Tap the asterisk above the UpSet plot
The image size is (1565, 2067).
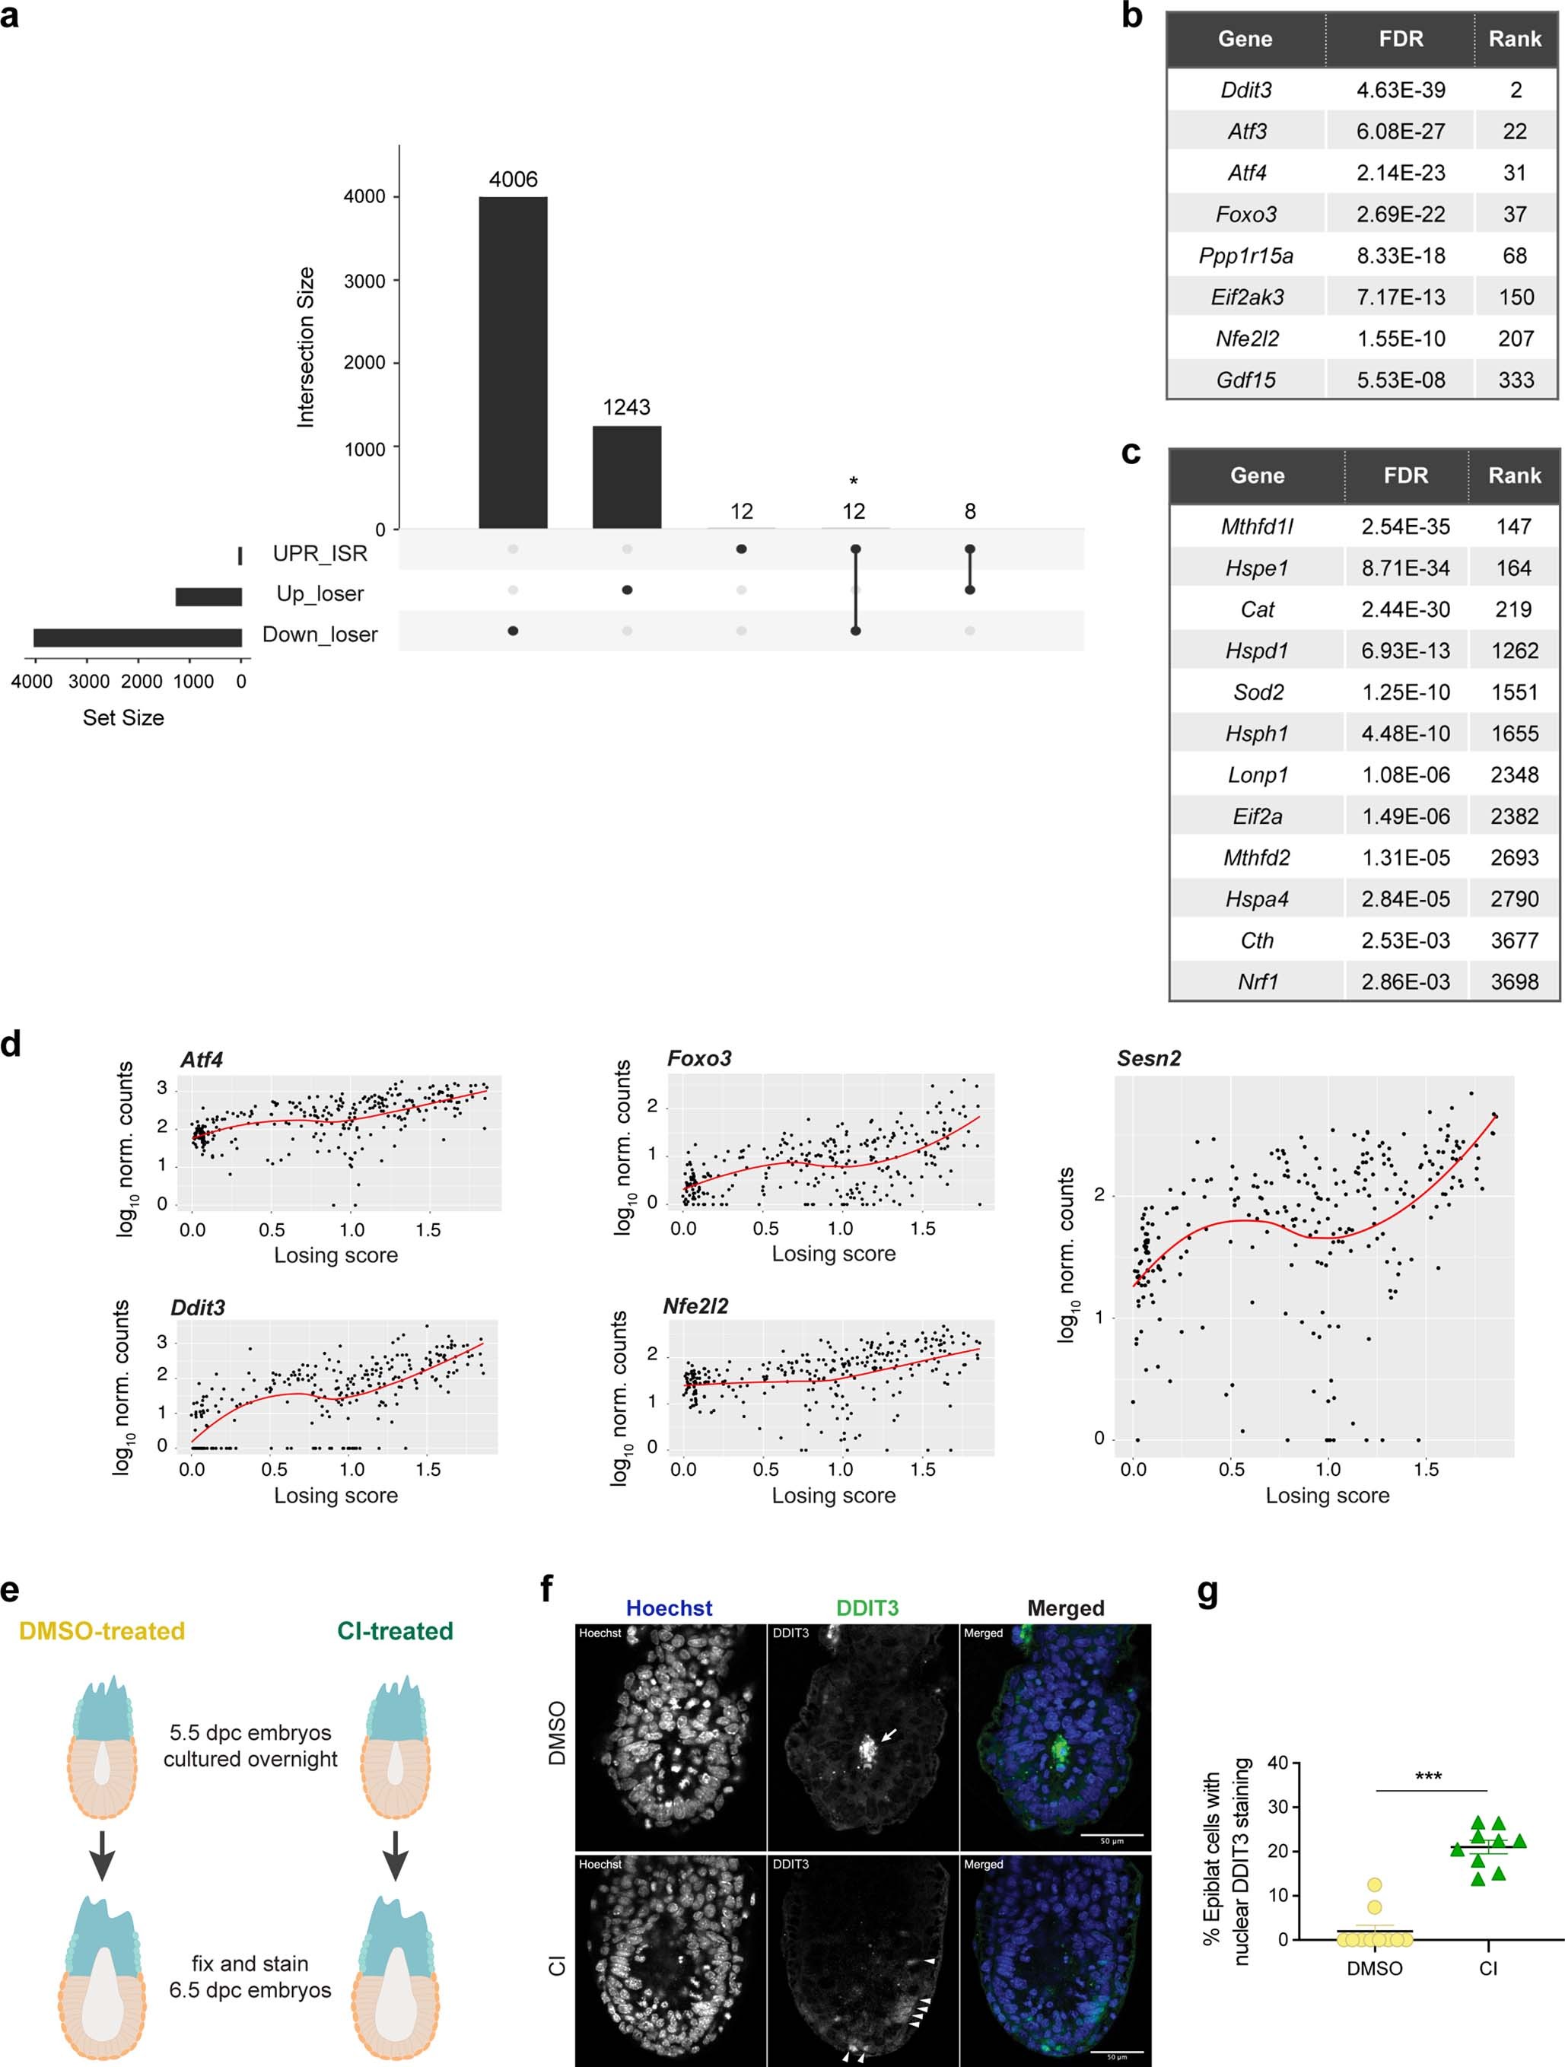coord(853,482)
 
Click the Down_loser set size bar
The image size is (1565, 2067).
coord(138,638)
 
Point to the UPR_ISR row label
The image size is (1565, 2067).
coord(320,553)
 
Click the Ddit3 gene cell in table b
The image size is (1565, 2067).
coord(1245,90)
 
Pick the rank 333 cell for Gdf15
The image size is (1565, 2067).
coord(1516,380)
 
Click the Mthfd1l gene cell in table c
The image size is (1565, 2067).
coord(1257,526)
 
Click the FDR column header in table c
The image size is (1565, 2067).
coord(1405,475)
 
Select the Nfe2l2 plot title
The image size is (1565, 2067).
coord(695,1305)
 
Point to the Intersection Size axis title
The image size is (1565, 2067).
coord(306,348)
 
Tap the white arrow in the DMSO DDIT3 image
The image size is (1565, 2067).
coord(889,1735)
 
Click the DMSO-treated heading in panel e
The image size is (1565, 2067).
coord(102,1630)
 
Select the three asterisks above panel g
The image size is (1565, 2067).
coord(1427,1776)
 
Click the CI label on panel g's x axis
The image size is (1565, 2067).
coord(1487,1968)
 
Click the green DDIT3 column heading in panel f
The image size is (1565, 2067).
coord(867,1607)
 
